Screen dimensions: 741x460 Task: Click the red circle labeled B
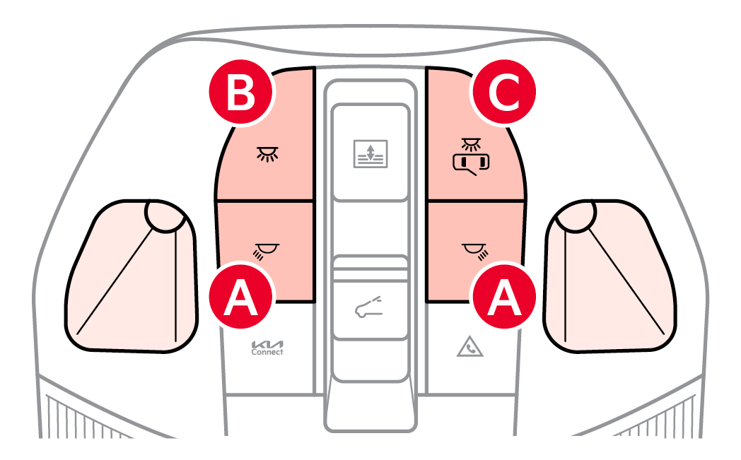point(241,92)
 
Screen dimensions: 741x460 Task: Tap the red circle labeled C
point(504,92)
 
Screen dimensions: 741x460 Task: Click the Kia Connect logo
point(267,348)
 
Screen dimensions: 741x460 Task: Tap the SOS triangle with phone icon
point(469,347)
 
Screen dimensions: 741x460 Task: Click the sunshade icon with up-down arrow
point(370,153)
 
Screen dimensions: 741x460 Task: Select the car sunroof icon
point(368,307)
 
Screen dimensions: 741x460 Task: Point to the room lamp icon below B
point(267,154)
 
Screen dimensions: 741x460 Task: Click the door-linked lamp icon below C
point(471,156)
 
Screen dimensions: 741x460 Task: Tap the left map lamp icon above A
point(266,252)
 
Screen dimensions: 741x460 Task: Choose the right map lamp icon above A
point(475,252)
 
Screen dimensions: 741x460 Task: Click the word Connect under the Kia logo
point(267,352)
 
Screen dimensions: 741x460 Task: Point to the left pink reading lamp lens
point(131,276)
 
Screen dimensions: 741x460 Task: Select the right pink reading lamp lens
point(609,276)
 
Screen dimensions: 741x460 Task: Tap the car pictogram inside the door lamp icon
point(471,163)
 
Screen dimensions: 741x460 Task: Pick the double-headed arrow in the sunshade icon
point(370,152)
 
